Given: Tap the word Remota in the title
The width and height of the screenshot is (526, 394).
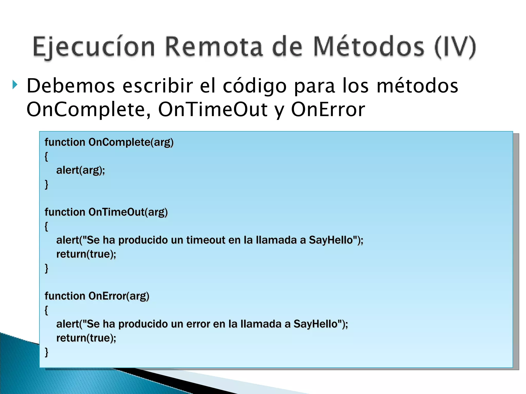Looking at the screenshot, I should point(214,47).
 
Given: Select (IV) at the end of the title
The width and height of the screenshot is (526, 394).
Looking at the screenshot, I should point(455,47).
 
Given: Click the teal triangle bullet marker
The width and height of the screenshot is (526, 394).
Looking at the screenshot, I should point(15,85).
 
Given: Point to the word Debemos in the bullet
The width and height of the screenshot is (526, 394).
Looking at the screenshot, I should point(71,86).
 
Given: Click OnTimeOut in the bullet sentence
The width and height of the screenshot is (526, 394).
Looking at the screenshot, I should point(213,110).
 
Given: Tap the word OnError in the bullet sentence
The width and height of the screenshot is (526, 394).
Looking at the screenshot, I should point(328,110).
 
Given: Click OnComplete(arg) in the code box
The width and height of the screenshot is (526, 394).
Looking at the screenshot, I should point(131,142).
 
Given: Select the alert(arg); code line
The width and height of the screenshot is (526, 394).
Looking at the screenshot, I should point(80,170).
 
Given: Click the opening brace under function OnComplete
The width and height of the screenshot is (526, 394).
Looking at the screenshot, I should point(46,156).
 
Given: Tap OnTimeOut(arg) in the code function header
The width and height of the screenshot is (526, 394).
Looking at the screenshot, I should point(128,212).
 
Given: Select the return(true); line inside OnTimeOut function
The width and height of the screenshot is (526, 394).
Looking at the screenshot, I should point(86,254).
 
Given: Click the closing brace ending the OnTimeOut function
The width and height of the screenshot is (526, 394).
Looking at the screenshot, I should point(46,268).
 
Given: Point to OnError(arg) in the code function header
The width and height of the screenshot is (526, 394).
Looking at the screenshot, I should point(119,296).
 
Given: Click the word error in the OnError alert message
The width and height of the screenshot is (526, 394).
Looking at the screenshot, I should point(198,324).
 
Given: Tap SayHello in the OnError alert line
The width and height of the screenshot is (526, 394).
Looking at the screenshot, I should point(315,324).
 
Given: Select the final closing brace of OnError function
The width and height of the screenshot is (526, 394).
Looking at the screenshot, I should point(46,352).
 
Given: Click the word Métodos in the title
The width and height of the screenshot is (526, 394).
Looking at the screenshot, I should point(369,47).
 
